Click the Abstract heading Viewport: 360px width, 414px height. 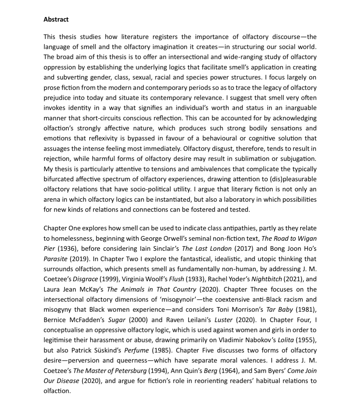pyautogui.click(x=56, y=20)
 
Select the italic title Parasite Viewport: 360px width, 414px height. pyautogui.click(x=55, y=259)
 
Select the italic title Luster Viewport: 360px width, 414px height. pyautogui.click(x=223, y=320)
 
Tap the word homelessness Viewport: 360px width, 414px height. pyautogui.click(x=75, y=238)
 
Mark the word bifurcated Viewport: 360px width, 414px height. pyautogui.click(x=59, y=179)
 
